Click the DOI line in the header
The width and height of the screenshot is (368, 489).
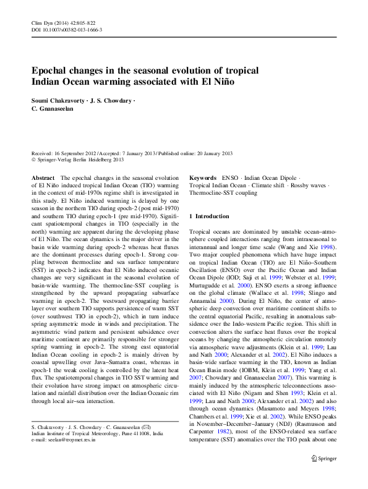(x=66, y=30)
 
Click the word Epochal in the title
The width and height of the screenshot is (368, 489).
(x=52, y=70)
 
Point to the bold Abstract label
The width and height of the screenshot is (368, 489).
(x=43, y=177)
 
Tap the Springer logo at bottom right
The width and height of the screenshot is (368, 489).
(x=325, y=475)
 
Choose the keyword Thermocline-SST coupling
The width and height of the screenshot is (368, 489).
(x=223, y=193)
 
